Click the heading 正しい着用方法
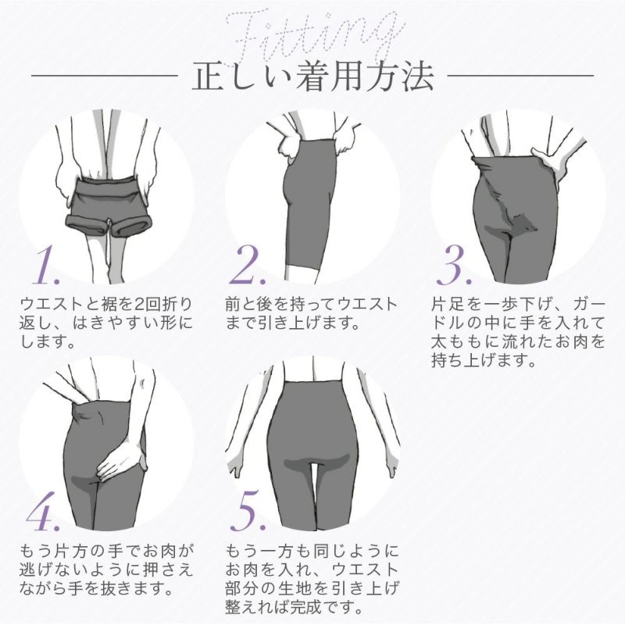tap(312, 78)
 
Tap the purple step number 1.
tap(48, 267)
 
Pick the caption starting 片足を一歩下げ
tap(518, 331)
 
